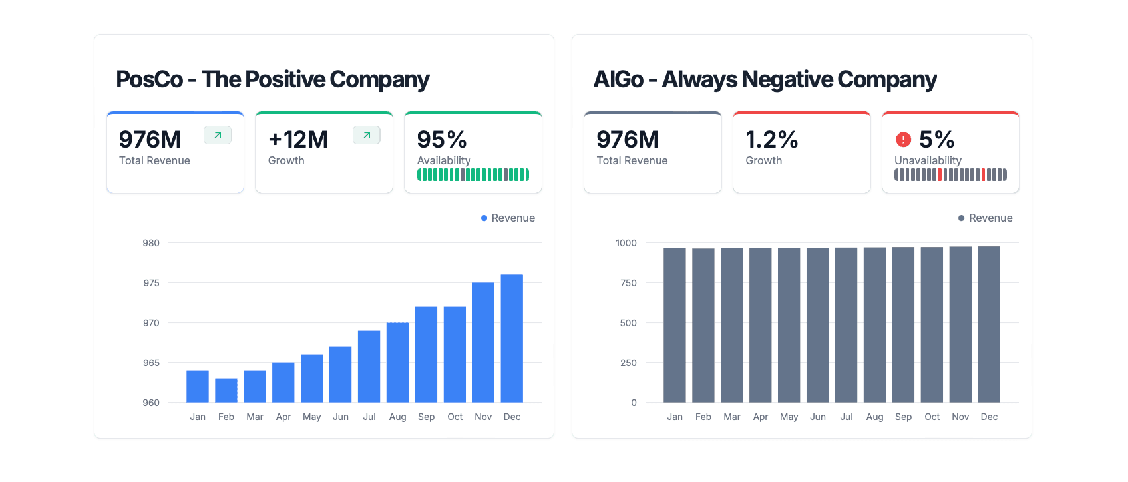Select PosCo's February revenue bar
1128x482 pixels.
pyautogui.click(x=226, y=390)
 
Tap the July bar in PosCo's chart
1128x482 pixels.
pyautogui.click(x=369, y=366)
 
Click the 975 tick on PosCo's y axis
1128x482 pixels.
pyautogui.click(x=151, y=283)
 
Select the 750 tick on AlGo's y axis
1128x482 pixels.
pyautogui.click(x=628, y=283)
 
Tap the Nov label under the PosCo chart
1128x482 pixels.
pyautogui.click(x=483, y=417)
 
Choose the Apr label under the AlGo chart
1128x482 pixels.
pyautogui.click(x=760, y=417)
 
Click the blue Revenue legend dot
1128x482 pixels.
pyautogui.click(x=484, y=218)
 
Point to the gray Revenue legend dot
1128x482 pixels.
pyautogui.click(x=961, y=218)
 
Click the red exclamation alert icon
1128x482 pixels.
pyautogui.click(x=903, y=140)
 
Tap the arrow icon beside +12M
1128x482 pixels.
pyautogui.click(x=367, y=135)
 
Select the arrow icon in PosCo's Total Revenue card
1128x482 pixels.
pyautogui.click(x=218, y=135)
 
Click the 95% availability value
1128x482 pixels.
pyautogui.click(x=442, y=140)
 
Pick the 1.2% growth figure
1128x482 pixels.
pyautogui.click(x=771, y=140)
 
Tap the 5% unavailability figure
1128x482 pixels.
pyautogui.click(x=936, y=140)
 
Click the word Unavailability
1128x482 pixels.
pyautogui.click(x=928, y=160)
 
